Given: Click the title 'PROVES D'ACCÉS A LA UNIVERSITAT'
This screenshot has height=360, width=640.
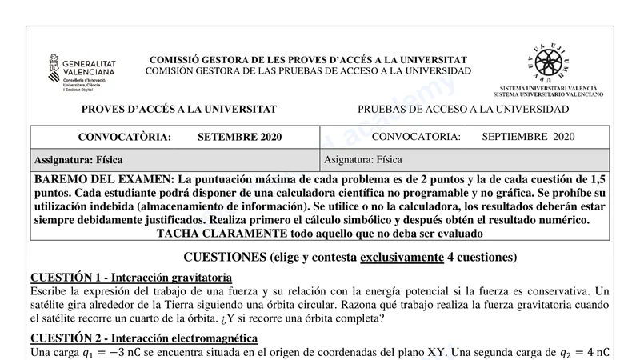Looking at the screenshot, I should coord(179,110).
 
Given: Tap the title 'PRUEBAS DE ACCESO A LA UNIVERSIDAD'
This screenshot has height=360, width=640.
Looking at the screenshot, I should coord(463,110).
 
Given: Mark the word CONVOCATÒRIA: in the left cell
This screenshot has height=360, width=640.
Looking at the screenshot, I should coord(124,138).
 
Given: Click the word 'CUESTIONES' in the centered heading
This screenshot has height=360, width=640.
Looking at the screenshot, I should coord(226,258).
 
